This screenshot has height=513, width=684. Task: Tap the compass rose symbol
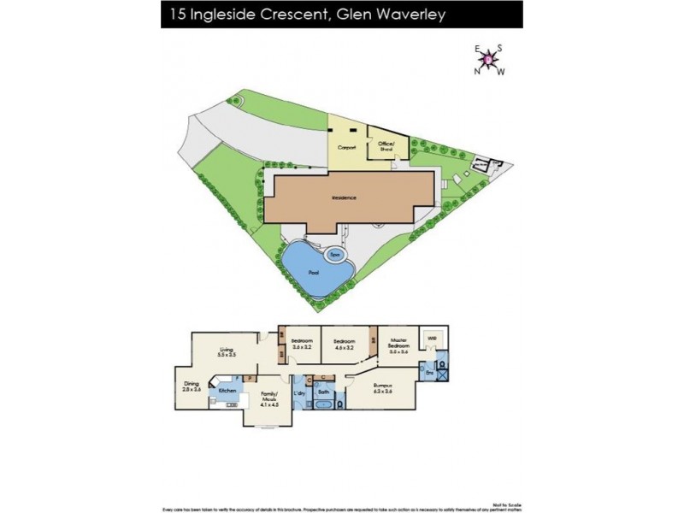tap(489, 59)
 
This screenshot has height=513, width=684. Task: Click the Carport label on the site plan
tap(346, 147)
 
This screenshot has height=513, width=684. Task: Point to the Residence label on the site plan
tap(344, 198)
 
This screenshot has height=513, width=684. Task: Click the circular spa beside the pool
tap(336, 254)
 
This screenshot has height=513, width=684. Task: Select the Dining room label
tap(192, 386)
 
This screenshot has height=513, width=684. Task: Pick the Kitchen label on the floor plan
tap(227, 391)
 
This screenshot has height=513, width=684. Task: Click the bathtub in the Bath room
tap(325, 407)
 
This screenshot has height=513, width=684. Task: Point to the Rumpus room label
tap(382, 389)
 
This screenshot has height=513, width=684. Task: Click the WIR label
tap(434, 338)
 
